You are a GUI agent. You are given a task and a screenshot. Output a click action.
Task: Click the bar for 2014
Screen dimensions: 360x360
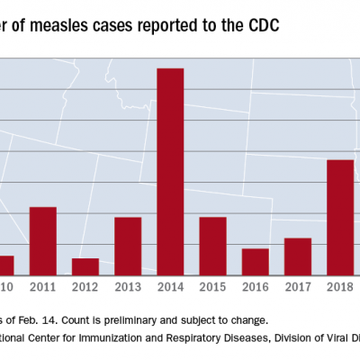click(170, 171)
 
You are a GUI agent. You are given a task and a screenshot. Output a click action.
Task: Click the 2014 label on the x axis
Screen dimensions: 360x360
click(170, 287)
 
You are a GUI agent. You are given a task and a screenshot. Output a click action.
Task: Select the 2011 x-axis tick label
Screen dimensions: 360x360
click(43, 287)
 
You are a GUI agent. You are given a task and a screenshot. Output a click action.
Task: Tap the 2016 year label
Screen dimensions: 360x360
click(256, 287)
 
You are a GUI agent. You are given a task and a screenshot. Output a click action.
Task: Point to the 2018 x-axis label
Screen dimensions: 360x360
click(340, 287)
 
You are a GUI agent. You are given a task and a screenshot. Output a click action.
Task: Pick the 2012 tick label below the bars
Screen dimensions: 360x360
click(85, 287)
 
